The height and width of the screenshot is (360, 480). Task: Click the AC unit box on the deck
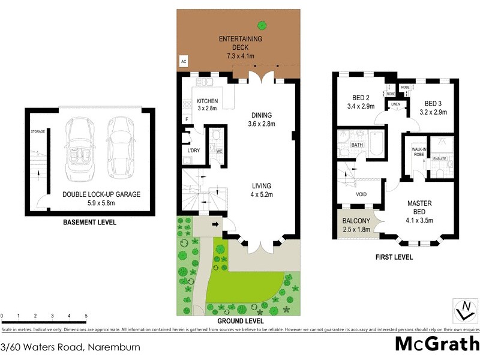(184, 61)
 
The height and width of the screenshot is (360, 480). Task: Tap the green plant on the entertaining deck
(262, 25)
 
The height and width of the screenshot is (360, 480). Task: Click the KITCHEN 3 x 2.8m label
(207, 104)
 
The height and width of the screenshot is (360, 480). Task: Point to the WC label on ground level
(219, 151)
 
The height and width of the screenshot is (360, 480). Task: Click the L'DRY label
(193, 149)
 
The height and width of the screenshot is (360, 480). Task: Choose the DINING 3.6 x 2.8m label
(262, 120)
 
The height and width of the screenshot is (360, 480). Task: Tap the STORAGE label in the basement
(38, 131)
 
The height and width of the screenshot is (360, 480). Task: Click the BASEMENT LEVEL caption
(89, 223)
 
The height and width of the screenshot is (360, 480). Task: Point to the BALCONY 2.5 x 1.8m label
(356, 224)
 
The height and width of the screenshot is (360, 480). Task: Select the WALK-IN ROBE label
(418, 152)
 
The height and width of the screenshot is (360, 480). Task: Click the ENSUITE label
(440, 158)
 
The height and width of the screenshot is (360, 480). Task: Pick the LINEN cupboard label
(396, 104)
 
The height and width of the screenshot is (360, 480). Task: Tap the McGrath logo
(436, 344)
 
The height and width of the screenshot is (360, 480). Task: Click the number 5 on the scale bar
(86, 316)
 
